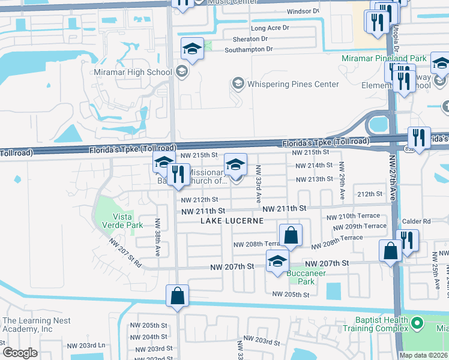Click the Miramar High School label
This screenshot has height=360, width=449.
[x=133, y=73]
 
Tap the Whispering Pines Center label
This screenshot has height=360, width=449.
[x=292, y=84]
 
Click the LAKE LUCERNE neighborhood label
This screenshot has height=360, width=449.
[x=232, y=221]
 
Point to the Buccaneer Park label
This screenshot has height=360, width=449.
[x=306, y=277]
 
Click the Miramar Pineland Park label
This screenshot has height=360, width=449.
[x=384, y=58]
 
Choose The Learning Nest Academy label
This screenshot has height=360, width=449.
[x=36, y=325]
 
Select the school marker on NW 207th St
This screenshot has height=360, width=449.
[x=277, y=261]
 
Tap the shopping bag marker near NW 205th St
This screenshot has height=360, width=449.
[x=177, y=295]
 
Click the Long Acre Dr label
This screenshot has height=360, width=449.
[x=270, y=28]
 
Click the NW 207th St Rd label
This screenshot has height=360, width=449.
[x=125, y=253]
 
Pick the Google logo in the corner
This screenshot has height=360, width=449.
[x=20, y=353]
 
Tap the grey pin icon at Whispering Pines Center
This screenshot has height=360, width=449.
[x=238, y=83]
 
